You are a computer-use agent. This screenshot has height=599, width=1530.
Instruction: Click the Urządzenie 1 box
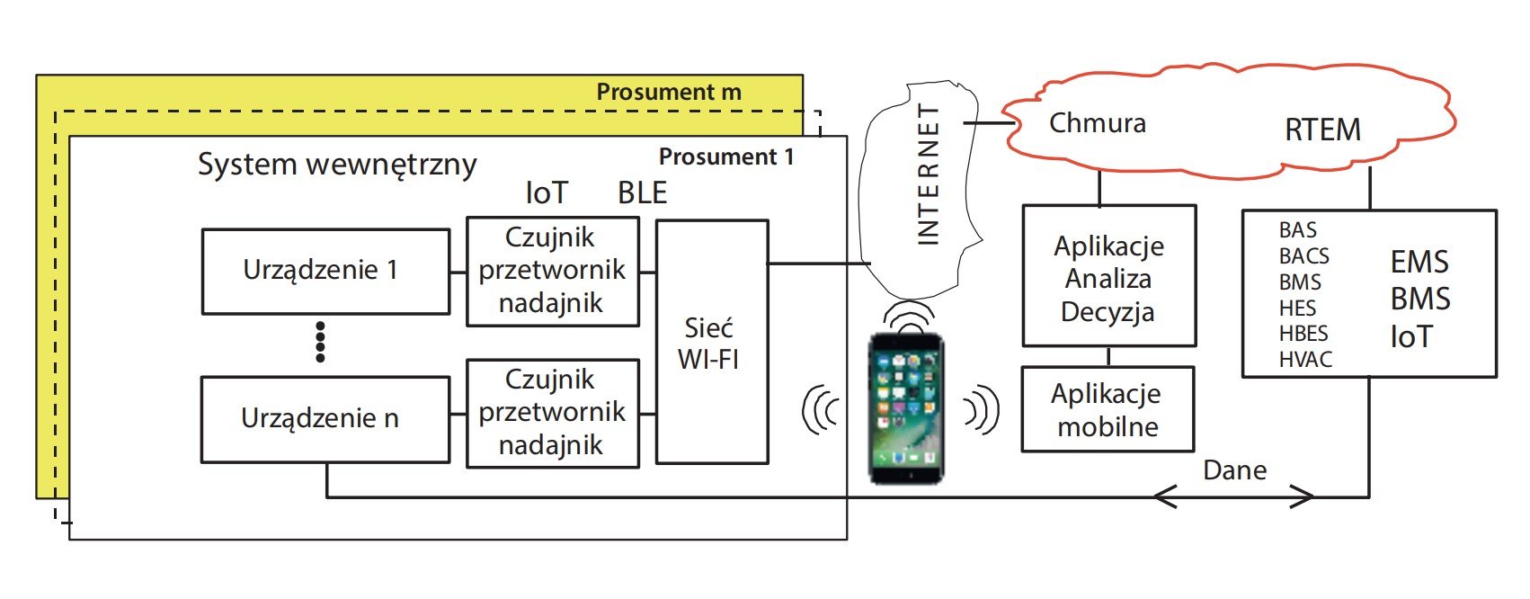pos(325,272)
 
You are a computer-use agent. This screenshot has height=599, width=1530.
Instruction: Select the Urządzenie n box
pos(325,419)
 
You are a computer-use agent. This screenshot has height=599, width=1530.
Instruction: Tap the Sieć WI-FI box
pos(712,342)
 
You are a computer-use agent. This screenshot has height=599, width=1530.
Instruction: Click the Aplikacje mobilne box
pos(1107,409)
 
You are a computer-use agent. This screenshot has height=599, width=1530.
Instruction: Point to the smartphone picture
pos(906,408)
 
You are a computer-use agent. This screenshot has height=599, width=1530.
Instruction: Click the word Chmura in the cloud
pos(1098,123)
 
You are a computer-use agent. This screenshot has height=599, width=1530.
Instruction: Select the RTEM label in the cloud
pos(1323,130)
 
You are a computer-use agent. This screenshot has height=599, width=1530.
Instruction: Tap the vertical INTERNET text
pos(929,174)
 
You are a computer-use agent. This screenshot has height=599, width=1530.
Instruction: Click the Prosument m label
pos(669,92)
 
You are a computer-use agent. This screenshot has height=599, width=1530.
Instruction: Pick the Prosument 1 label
pos(726,156)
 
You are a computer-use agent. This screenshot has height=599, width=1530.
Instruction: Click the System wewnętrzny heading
pos(337,165)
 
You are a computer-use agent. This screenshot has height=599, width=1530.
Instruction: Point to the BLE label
pos(642,193)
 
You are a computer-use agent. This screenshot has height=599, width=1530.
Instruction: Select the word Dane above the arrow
pos(1235,469)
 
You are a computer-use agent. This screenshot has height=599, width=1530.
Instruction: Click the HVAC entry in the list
pos(1305,359)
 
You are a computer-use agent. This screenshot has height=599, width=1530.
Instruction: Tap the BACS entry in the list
pos(1303,256)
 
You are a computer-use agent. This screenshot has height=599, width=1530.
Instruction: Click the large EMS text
pos(1419,262)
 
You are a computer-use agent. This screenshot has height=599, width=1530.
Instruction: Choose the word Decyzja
pos(1107,311)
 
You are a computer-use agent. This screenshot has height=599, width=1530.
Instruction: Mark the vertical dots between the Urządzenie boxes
pos(320,342)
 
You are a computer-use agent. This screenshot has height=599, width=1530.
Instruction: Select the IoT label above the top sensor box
pos(547,193)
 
